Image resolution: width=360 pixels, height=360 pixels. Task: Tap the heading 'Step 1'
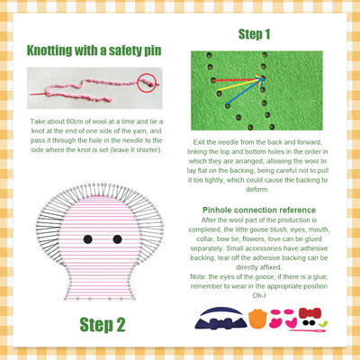(x=262, y=35)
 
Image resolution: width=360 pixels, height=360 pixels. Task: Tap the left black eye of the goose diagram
(x=88, y=239)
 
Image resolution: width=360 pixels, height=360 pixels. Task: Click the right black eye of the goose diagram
(x=117, y=239)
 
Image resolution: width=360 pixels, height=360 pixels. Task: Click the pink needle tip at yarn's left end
(x=34, y=93)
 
